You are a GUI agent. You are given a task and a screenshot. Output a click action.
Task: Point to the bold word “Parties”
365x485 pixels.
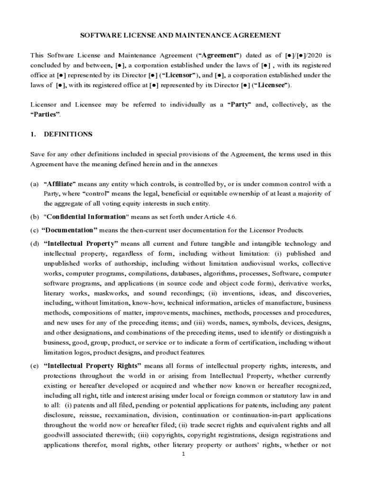(x=46, y=115)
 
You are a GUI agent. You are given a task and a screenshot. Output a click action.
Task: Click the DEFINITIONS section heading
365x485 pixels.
(x=68, y=134)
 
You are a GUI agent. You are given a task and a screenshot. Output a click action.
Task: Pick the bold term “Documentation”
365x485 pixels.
(x=69, y=230)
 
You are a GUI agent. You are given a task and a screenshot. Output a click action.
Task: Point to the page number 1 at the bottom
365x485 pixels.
(x=183, y=454)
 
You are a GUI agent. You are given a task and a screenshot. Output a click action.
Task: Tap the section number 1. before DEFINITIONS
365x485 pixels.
(x=33, y=134)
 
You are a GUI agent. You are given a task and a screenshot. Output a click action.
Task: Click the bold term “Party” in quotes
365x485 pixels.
(x=240, y=105)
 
